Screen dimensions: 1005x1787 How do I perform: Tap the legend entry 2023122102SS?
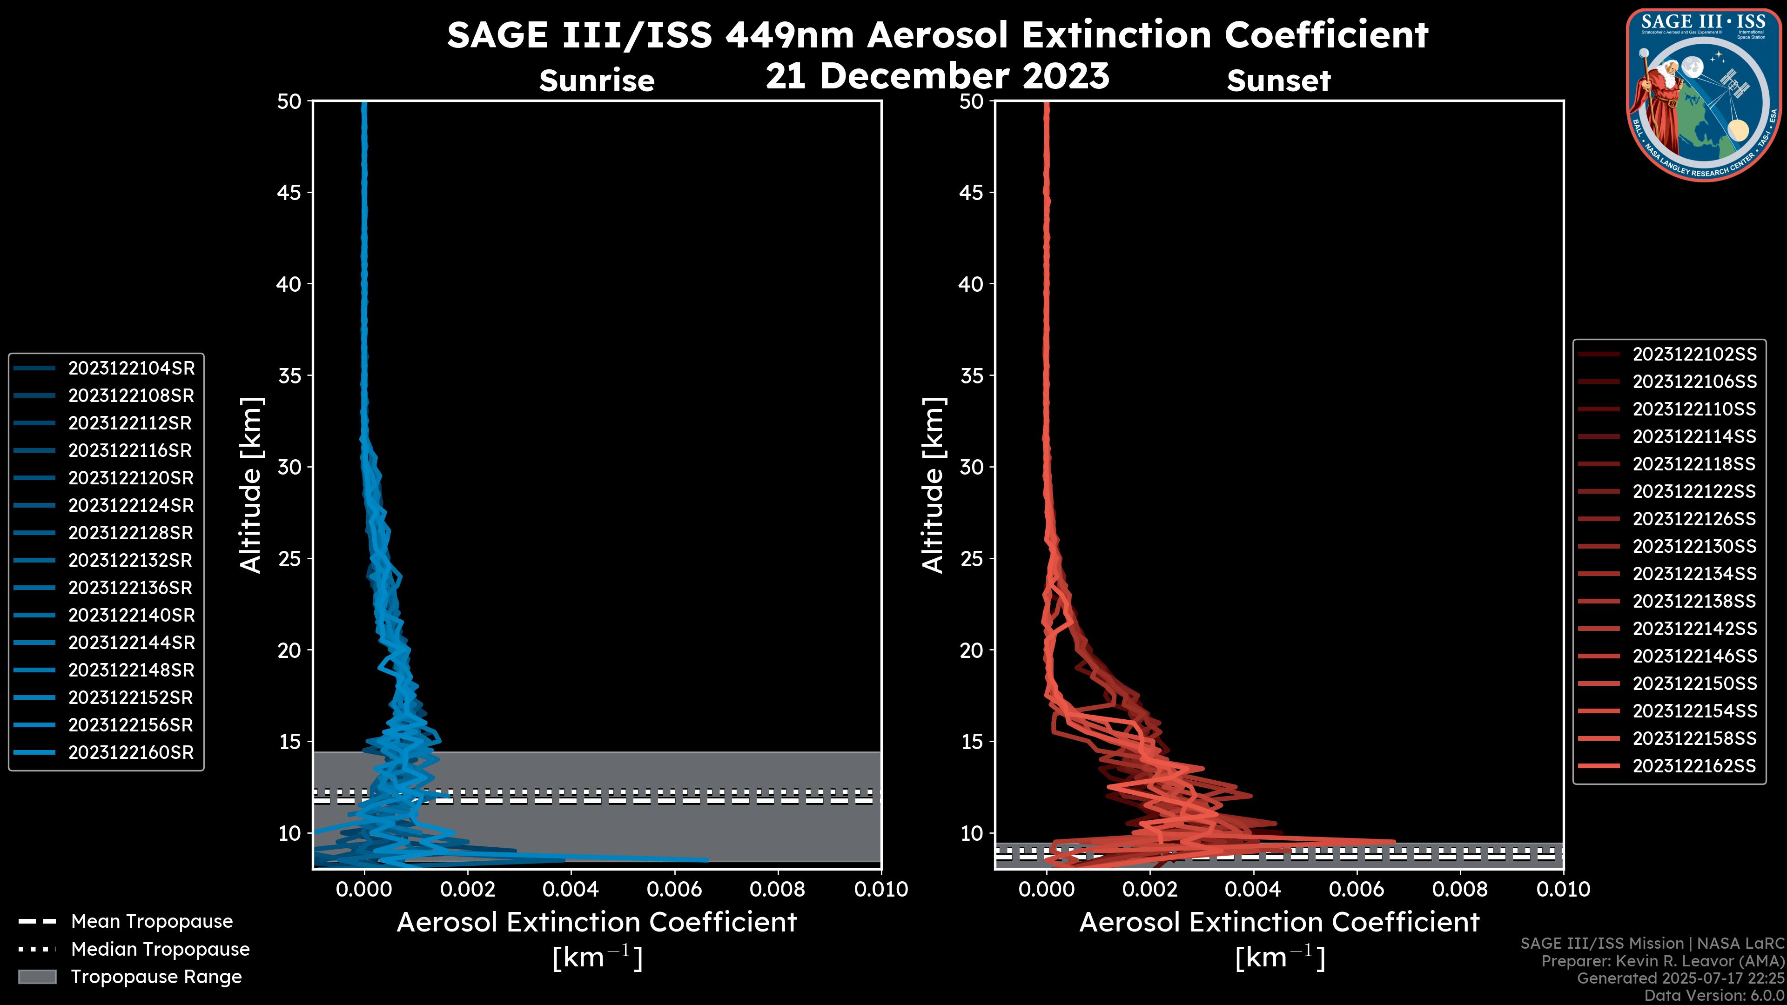pyautogui.click(x=1694, y=355)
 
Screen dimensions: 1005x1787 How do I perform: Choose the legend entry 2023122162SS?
pyautogui.click(x=1694, y=766)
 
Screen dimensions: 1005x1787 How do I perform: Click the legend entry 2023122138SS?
pyautogui.click(x=1694, y=601)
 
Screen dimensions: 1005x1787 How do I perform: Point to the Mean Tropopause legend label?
pyautogui.click(x=152, y=922)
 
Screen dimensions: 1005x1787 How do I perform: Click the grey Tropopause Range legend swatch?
pyautogui.click(x=37, y=977)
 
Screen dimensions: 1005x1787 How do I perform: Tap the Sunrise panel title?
pyautogui.click(x=597, y=81)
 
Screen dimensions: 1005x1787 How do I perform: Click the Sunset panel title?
pyautogui.click(x=1278, y=81)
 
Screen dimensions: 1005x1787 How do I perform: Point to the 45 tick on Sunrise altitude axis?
pyautogui.click(x=289, y=193)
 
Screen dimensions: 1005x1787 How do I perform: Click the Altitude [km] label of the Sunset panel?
pyautogui.click(x=934, y=485)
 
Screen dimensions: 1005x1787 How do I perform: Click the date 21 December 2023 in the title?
pyautogui.click(x=937, y=76)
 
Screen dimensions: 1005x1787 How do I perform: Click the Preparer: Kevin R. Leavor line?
pyautogui.click(x=1662, y=961)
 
